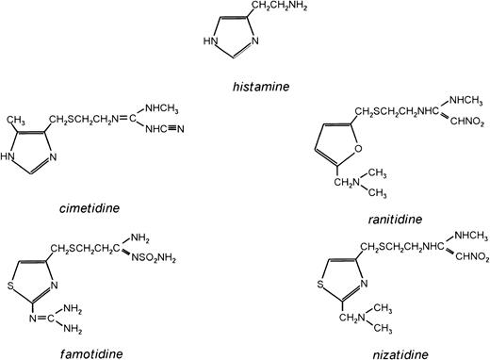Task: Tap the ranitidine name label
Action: [x=396, y=219]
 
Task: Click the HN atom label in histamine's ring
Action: [x=212, y=41]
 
